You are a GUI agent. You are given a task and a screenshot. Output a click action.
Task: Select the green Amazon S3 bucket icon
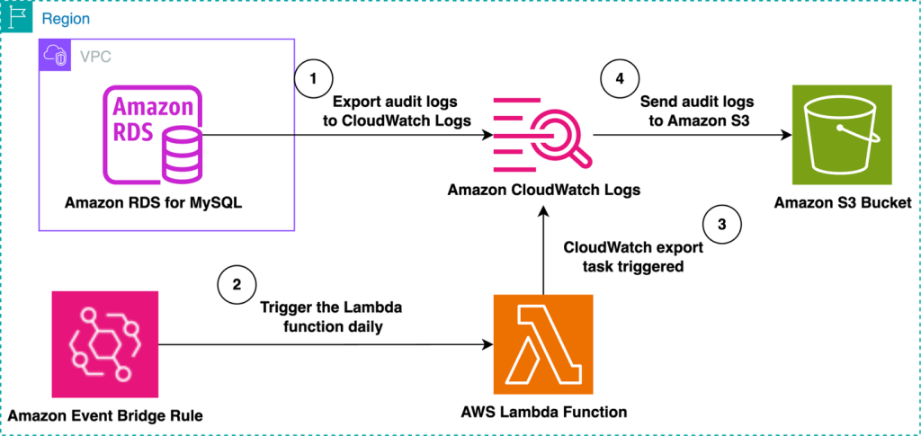click(842, 135)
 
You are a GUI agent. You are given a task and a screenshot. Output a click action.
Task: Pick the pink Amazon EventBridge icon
click(105, 343)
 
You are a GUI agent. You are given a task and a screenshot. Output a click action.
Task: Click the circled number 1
click(313, 78)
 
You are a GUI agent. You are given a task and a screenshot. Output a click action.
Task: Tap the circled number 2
click(237, 285)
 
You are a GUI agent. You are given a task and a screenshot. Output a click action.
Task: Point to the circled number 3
click(722, 223)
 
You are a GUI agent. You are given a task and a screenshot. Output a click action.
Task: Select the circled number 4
click(619, 78)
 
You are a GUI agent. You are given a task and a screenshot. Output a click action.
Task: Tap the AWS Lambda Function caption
click(542, 412)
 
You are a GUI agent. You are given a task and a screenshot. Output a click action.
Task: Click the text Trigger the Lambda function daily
click(331, 316)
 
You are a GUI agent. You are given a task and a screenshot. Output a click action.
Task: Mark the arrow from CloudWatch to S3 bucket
click(693, 136)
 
